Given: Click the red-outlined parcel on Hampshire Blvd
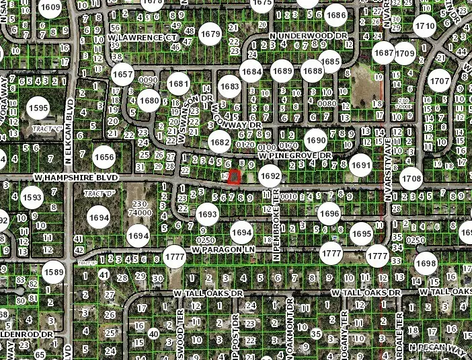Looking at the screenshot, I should (234, 178).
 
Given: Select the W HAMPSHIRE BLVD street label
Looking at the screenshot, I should (75, 177).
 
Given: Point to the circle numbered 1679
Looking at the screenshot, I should (211, 34).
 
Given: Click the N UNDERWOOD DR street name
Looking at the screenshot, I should (308, 34).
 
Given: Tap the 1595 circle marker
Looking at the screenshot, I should (38, 108).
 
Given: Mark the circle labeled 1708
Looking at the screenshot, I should (412, 178).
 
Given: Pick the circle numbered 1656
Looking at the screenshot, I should (104, 157).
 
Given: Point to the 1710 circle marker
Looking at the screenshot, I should (424, 27).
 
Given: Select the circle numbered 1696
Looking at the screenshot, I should (329, 213).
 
